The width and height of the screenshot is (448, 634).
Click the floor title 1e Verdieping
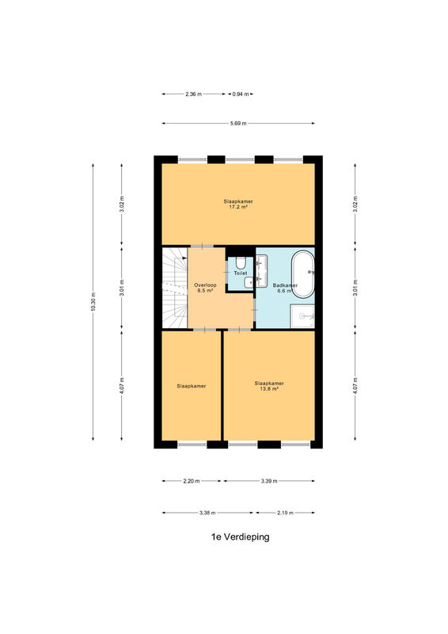[240, 537]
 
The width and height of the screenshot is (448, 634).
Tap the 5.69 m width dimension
[238, 124]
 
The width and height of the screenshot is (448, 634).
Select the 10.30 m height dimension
[93, 302]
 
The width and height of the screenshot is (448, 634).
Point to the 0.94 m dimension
[241, 94]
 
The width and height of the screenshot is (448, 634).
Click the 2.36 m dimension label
[193, 94]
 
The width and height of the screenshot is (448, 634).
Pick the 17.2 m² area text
[238, 207]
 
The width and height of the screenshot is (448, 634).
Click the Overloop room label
[205, 285]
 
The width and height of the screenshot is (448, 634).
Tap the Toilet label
[241, 273]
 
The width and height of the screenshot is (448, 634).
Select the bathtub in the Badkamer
[303, 274]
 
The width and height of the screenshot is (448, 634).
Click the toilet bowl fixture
[241, 263]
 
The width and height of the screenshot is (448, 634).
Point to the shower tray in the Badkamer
[302, 316]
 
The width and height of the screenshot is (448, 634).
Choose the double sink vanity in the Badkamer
[261, 270]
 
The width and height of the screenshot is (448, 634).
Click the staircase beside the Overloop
[175, 288]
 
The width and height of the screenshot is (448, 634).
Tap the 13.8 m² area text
[269, 388]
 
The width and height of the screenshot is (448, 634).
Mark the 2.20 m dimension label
[192, 481]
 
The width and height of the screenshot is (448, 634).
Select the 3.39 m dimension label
[269, 481]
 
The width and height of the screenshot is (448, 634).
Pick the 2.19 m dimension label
[285, 513]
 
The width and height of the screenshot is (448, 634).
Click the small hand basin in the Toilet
[249, 282]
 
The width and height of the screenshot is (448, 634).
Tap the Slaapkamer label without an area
[192, 386]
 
